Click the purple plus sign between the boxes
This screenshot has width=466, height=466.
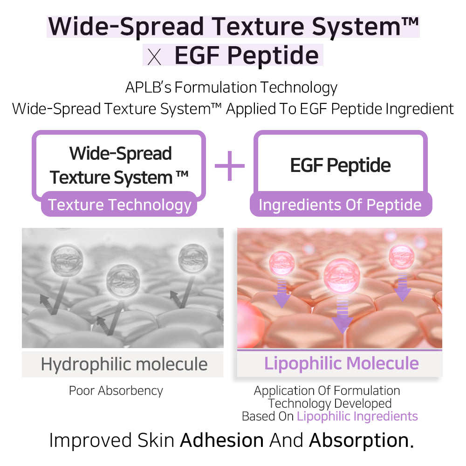coord(229,165)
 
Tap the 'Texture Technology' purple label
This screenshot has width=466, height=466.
coord(120,205)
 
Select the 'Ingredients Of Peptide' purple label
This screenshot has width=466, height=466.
coord(340,205)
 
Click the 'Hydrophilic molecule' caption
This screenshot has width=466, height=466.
coord(124,364)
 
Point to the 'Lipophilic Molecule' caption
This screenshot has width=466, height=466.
coord(341,363)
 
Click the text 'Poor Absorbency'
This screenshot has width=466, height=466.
coord(116,391)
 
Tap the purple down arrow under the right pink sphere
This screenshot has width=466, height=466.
coord(403,286)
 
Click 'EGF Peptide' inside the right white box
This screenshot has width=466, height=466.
coord(340,165)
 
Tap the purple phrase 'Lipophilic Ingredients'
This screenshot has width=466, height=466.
coord(357,416)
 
